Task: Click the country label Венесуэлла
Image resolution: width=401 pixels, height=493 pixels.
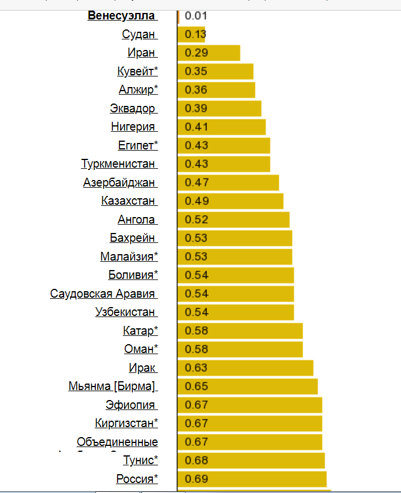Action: [x=122, y=15]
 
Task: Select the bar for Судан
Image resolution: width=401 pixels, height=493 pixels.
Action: [x=192, y=34]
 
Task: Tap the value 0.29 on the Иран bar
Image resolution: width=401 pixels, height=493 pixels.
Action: [x=196, y=53]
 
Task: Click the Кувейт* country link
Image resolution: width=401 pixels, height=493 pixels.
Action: [x=138, y=72]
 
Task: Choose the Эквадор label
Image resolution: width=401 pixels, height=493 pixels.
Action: [x=133, y=108]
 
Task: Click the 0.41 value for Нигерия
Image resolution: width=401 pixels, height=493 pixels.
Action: [x=196, y=127]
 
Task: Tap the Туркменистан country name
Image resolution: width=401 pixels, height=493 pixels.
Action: [x=119, y=164]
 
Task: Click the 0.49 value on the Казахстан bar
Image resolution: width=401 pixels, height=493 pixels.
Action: [x=196, y=201]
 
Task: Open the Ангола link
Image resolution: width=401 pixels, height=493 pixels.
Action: [x=137, y=219]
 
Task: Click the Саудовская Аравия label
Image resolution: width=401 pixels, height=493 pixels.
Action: [x=103, y=294]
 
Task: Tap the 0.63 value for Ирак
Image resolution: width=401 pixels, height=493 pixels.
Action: [x=196, y=368]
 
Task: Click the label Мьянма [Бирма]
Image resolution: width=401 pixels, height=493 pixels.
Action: [x=112, y=387]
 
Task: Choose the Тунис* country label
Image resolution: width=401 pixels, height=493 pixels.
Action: [x=141, y=460]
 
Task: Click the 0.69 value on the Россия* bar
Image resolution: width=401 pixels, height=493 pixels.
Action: [x=196, y=479]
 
